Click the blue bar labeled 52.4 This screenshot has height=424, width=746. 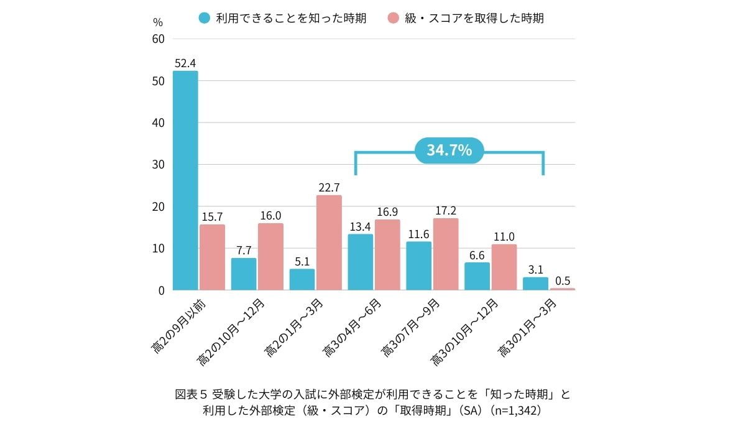(x=185, y=180)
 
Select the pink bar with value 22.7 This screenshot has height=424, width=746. (x=329, y=242)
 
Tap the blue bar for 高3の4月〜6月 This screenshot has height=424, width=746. (x=361, y=262)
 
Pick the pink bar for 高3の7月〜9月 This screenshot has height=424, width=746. (x=445, y=254)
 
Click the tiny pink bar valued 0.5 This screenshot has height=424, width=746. (x=562, y=289)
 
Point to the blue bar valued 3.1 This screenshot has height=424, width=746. (x=535, y=283)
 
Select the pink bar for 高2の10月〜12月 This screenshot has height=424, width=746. (x=270, y=256)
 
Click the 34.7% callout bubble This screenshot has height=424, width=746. (x=449, y=150)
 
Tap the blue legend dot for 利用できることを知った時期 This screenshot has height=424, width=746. (x=205, y=18)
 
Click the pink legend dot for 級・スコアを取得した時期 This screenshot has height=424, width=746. (x=393, y=18)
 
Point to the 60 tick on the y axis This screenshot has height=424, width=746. (x=158, y=39)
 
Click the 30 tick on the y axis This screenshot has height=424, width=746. (x=158, y=165)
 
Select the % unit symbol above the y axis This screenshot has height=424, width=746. (x=157, y=22)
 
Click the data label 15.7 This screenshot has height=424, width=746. (x=212, y=216)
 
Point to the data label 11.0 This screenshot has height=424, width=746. (x=504, y=236)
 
